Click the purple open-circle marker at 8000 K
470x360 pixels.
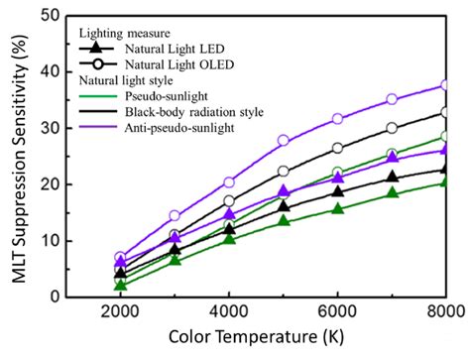[x=447, y=85]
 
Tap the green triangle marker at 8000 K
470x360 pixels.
[x=447, y=181]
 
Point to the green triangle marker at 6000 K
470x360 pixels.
[x=338, y=208]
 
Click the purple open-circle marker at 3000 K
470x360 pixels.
[x=175, y=215]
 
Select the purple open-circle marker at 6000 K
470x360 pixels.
[x=338, y=119]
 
